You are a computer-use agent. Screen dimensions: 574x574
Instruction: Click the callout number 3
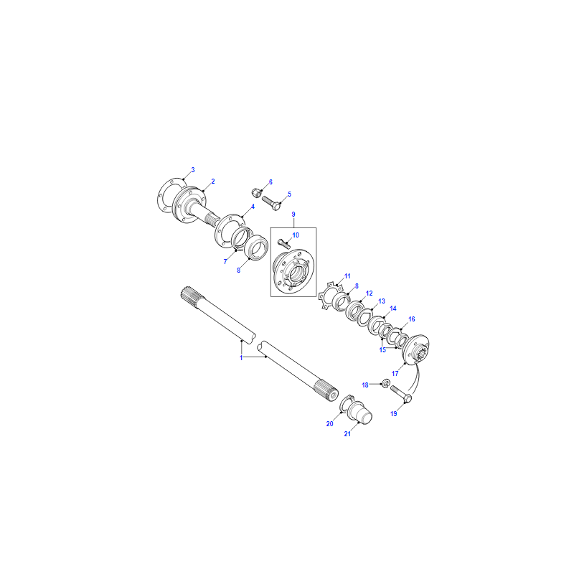193,170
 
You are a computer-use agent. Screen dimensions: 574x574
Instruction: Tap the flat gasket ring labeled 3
161,195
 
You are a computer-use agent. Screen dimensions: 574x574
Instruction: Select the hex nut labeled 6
256,192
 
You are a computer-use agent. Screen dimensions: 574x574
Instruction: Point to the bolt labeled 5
271,203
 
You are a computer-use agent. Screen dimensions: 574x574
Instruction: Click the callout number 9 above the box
293,214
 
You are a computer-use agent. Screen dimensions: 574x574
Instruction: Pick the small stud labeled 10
284,243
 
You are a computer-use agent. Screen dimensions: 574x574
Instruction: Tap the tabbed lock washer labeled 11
328,295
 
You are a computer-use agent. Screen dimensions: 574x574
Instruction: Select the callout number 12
369,293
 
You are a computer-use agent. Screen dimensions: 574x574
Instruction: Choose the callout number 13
382,301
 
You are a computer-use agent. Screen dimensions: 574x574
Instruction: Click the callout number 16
412,319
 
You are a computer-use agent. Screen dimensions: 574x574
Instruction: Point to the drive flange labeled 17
415,349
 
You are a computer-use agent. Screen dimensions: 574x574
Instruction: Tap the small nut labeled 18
385,384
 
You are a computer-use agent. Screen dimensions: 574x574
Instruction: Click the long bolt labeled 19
401,393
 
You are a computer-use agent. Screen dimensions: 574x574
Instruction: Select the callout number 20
330,423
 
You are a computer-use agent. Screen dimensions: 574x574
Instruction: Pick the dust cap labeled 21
361,413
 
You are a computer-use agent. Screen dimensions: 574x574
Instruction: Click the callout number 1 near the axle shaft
241,357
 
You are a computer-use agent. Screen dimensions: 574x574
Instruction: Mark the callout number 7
225,261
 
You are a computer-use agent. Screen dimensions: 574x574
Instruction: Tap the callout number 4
253,207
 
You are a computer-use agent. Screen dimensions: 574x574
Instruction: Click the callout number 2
212,182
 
